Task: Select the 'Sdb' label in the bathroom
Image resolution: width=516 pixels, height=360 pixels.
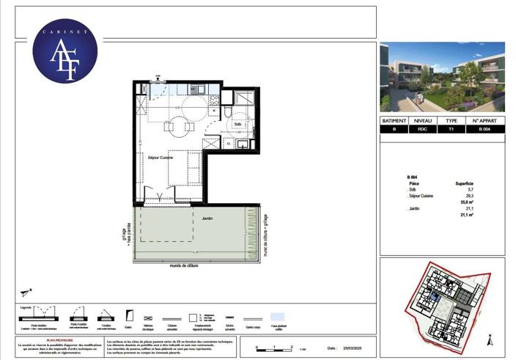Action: point(237,125)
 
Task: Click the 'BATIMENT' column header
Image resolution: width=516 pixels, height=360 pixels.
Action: point(397,120)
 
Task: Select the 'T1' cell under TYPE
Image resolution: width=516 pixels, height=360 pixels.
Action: point(451,130)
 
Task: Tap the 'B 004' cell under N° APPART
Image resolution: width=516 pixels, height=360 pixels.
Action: point(484,130)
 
